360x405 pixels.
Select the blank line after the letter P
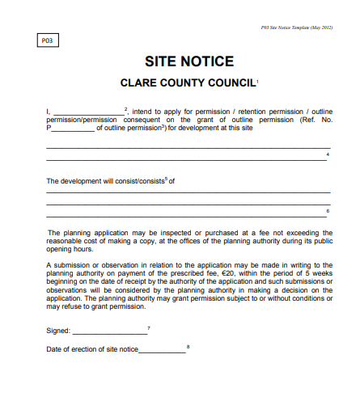72,128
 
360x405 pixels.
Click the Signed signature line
109,331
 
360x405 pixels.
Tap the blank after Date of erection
162,349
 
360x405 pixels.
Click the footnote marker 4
328,153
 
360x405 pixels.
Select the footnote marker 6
328,210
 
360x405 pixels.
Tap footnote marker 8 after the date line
188,346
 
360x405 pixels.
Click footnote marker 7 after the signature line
149,327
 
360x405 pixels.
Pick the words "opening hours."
70,250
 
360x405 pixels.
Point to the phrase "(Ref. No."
316,120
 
